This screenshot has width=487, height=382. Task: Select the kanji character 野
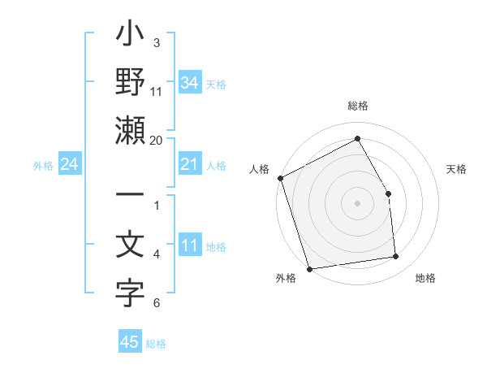[x=130, y=85]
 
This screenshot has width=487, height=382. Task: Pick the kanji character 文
[x=130, y=245]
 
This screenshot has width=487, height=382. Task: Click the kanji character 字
[x=130, y=295]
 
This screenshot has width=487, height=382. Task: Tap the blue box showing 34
[x=189, y=82]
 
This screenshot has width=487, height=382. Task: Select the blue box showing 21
[x=189, y=165]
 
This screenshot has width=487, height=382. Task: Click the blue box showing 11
[x=189, y=246]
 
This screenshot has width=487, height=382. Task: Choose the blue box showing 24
[x=70, y=165]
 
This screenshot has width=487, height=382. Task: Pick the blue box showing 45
[x=130, y=342]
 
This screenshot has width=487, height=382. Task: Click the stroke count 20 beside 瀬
[x=157, y=140]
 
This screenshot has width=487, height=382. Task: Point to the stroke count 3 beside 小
[x=157, y=42]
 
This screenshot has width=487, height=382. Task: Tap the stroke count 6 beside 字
[x=157, y=304]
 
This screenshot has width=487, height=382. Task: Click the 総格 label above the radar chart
[x=358, y=106]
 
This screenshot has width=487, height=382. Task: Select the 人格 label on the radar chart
[x=259, y=169]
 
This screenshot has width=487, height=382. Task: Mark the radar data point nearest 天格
[x=388, y=193]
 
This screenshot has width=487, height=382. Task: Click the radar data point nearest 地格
[x=396, y=257]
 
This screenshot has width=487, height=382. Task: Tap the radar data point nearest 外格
[x=309, y=268]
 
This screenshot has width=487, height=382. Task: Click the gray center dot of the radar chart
[x=357, y=203]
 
